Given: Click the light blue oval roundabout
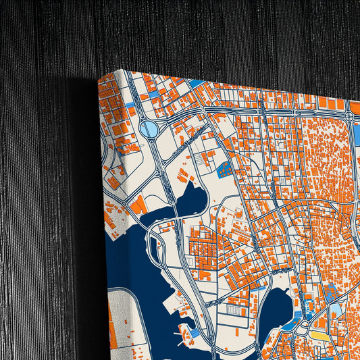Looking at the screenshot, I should [149, 128].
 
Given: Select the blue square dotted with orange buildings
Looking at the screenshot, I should [224, 169].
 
